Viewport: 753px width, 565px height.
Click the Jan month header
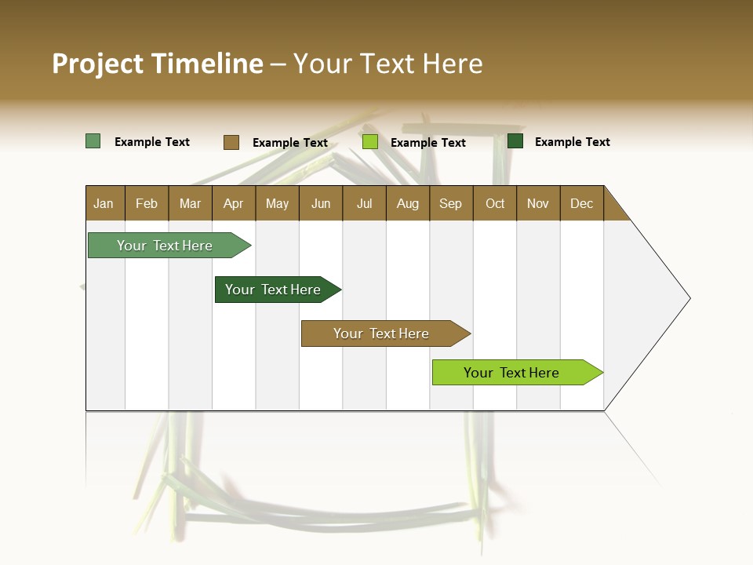coord(104,203)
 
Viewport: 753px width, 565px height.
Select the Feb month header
coord(147,203)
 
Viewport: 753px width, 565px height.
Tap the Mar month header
coord(190,203)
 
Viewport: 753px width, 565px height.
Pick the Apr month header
coord(234,203)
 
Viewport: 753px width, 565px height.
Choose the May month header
coord(277,203)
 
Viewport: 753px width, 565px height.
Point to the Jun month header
coord(321,203)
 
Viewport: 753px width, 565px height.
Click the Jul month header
coord(364,203)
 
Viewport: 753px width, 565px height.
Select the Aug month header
coord(408,203)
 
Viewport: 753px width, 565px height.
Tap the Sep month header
coord(451,203)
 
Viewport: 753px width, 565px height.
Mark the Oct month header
coord(495,203)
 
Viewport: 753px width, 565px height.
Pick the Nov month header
coord(538,203)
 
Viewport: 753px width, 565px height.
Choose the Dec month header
coord(582,203)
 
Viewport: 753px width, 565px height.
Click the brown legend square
coord(231,142)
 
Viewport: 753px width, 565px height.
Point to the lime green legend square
coord(370,142)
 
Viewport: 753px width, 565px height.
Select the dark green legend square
coord(515,141)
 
